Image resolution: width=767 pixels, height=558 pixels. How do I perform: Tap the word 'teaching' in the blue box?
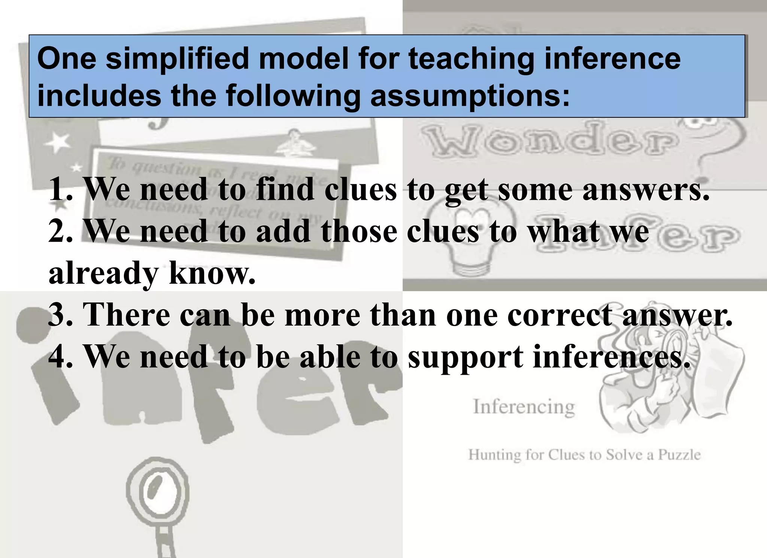point(471,59)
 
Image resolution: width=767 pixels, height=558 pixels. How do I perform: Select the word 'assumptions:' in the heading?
point(470,96)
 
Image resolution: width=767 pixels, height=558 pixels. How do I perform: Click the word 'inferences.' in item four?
point(611,356)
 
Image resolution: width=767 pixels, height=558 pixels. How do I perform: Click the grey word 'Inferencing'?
point(524,407)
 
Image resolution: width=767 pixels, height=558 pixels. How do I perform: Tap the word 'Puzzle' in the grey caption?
point(679,455)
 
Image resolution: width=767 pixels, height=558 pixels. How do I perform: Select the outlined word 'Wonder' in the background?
point(551,142)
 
